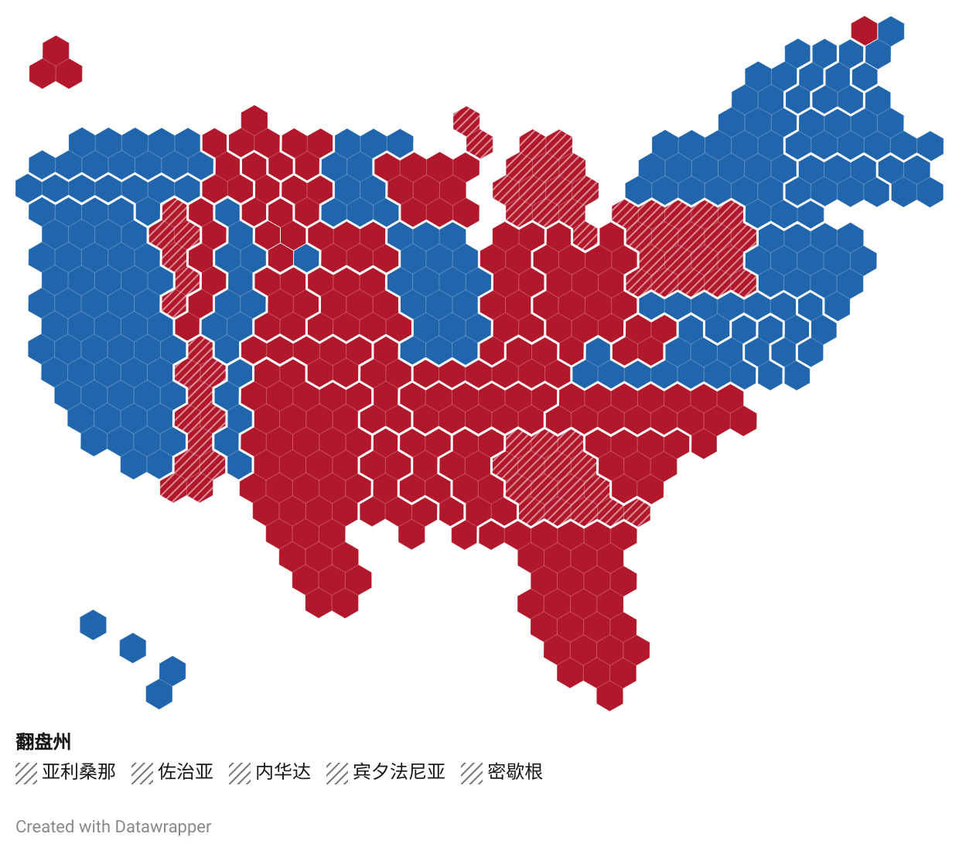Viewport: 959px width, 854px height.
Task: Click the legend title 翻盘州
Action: pyautogui.click(x=43, y=742)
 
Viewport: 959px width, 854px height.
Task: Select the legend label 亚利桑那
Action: pyautogui.click(x=79, y=772)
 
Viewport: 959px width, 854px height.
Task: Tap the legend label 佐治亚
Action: pyautogui.click(x=186, y=772)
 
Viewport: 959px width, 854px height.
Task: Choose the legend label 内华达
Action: pyautogui.click(x=283, y=772)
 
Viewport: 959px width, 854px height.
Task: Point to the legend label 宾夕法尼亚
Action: pyautogui.click(x=399, y=772)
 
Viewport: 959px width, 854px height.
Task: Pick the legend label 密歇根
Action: pyautogui.click(x=515, y=772)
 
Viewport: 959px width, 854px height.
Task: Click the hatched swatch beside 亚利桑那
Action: pyautogui.click(x=26, y=773)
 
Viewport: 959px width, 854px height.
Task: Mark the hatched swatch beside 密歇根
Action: pyautogui.click(x=472, y=773)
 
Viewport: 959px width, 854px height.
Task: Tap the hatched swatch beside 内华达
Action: pyautogui.click(x=240, y=773)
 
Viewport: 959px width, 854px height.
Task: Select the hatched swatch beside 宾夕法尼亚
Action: pyautogui.click(x=337, y=773)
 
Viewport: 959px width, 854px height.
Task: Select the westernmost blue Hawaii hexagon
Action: pyautogui.click(x=93, y=625)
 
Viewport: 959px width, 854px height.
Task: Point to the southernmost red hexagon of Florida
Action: pyautogui.click(x=609, y=695)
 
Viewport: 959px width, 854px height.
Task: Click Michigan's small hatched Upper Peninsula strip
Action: pyautogui.click(x=473, y=132)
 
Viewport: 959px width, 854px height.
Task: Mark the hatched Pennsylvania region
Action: pyautogui.click(x=688, y=248)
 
